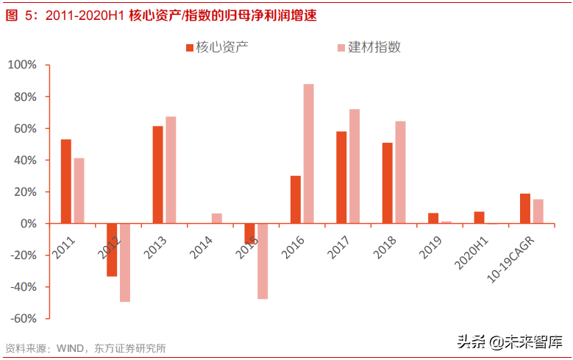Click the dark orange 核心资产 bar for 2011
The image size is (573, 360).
66,181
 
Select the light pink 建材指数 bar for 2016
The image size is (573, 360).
309,153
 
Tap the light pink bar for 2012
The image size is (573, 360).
125,262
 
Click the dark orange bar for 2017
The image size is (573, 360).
341,177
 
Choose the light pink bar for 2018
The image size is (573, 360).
401,172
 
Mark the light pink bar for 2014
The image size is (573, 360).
217,218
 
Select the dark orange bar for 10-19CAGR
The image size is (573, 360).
525,208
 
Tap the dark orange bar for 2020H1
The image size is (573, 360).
480,217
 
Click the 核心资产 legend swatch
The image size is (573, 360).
190,48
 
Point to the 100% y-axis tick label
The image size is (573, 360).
21,65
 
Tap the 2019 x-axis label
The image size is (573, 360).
431,244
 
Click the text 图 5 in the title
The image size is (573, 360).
18,15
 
